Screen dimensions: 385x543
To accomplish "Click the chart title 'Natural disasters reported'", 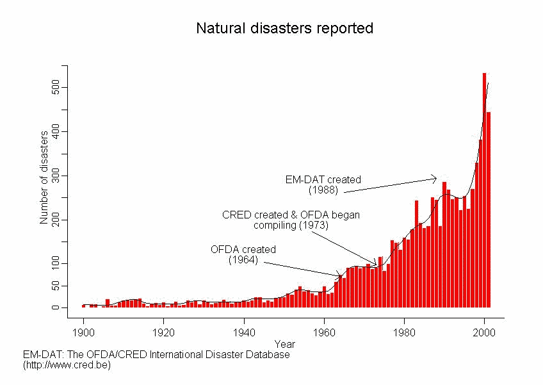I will (284, 29).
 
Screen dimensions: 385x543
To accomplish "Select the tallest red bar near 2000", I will (484, 192).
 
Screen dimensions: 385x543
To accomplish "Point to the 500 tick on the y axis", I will (56, 87).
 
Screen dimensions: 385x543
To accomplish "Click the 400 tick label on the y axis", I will (56, 132).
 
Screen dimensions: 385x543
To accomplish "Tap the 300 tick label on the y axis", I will (56, 176).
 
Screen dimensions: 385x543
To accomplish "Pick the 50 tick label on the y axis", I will (56, 286).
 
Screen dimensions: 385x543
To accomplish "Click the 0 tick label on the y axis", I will (56, 308).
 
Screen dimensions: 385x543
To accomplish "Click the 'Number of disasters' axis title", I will (44, 177).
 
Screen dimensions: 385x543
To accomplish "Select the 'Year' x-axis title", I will (284, 344).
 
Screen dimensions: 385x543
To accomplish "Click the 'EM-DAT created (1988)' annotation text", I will (323, 185).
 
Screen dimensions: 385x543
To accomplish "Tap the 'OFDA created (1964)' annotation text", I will (243, 254).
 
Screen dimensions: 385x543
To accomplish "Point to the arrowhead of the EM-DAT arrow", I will (436, 178).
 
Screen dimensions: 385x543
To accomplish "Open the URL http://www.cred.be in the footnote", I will (67, 365).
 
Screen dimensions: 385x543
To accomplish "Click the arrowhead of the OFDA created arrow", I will (343, 276).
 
